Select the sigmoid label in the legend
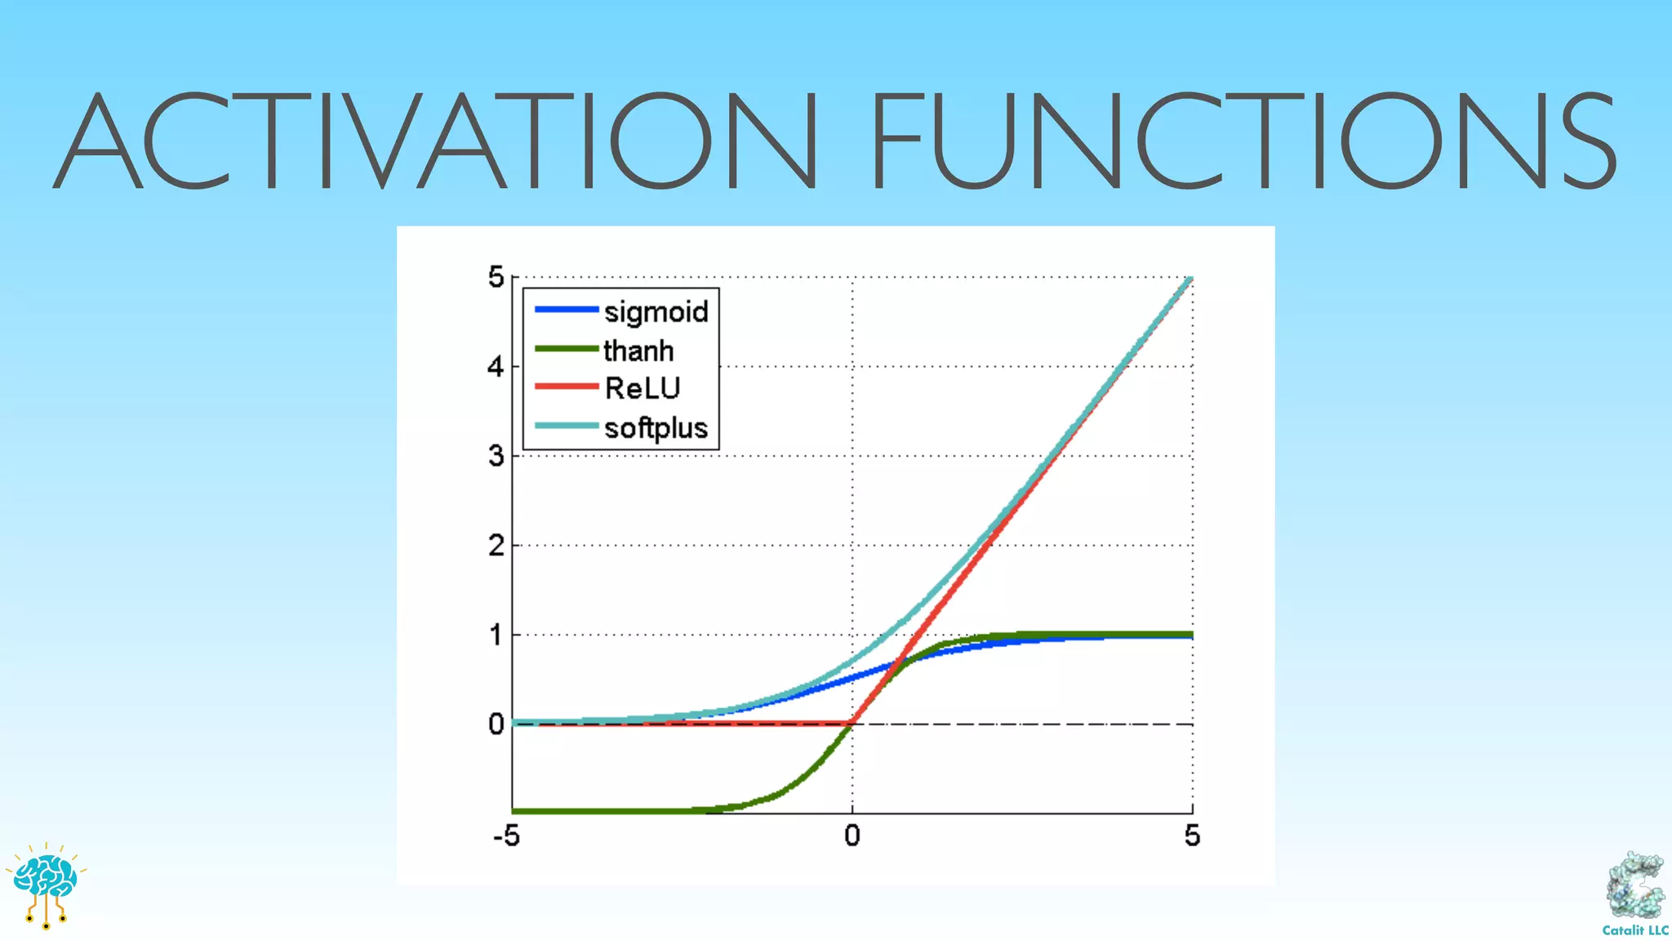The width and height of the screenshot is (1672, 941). [x=656, y=312]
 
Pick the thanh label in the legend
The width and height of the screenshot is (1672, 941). [x=638, y=351]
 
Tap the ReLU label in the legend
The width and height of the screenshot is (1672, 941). [x=642, y=389]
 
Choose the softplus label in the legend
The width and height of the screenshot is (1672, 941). [x=656, y=428]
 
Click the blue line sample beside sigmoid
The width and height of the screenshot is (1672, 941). [x=567, y=310]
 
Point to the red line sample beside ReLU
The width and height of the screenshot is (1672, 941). [x=567, y=386]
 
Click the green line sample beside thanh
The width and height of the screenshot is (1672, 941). [x=567, y=349]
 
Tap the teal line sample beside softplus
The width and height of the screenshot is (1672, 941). [x=567, y=426]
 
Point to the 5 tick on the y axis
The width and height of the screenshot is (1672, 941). [x=496, y=278]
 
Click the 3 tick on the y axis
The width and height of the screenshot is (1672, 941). [x=496, y=456]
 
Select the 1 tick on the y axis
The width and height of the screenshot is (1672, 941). [x=496, y=635]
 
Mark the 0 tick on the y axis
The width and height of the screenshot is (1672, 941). [x=496, y=725]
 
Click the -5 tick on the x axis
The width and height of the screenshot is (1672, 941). [x=506, y=836]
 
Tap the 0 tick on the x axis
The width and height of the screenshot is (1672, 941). [x=852, y=836]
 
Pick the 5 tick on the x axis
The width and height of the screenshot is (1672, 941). [x=1192, y=836]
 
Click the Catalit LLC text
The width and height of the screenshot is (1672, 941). [x=1635, y=930]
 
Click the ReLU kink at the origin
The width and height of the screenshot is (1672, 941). [x=852, y=724]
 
